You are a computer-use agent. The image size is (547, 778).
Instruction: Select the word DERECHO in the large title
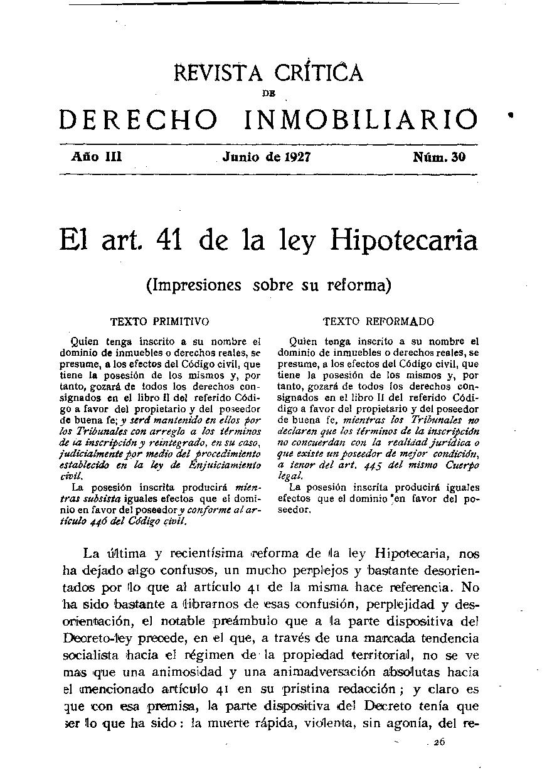coord(139,119)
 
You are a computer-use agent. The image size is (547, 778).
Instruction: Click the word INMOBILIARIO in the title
coord(360,119)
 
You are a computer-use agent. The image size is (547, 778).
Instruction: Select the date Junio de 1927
coord(266,157)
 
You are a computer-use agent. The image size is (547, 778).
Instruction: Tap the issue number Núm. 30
coord(439,157)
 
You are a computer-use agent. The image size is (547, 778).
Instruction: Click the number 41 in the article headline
coord(169,241)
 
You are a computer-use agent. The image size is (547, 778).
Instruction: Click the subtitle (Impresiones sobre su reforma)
coord(268,285)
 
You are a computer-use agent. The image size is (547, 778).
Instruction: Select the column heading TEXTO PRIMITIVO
coord(160,322)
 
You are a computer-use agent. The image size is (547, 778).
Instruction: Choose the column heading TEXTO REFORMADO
coord(378,322)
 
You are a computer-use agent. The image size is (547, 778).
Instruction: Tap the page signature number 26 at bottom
coord(438,741)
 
